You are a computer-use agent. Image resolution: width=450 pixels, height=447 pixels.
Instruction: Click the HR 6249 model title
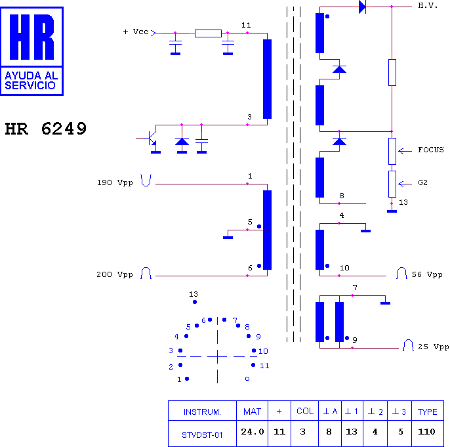[46, 129]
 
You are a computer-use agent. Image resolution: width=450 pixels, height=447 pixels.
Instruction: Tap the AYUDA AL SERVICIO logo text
[31, 81]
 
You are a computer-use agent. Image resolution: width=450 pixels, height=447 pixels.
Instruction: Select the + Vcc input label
[136, 32]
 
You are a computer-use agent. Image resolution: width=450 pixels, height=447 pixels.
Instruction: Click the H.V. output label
[428, 5]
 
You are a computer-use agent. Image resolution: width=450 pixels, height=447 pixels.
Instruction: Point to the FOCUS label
[431, 150]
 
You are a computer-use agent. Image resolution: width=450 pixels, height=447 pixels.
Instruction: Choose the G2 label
[422, 182]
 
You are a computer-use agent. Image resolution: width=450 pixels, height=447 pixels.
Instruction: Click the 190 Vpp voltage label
[115, 182]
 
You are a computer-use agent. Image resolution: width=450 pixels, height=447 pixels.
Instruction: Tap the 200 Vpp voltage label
[115, 274]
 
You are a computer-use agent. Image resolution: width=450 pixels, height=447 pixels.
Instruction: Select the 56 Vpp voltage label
[427, 274]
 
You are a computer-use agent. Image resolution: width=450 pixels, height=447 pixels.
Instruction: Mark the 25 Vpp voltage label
[434, 347]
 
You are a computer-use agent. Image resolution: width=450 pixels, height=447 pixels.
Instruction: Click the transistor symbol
[150, 138]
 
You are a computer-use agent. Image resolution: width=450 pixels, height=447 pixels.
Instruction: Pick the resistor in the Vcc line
[208, 33]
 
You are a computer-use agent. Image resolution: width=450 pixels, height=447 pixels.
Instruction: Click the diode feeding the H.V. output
[363, 7]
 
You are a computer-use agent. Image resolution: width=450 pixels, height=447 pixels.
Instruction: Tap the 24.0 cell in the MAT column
[253, 432]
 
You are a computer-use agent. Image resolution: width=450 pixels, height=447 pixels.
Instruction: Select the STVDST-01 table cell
[202, 435]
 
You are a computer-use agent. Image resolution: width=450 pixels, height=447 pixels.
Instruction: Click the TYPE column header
[427, 412]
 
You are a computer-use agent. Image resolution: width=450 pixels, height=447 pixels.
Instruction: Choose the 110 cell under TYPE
[427, 432]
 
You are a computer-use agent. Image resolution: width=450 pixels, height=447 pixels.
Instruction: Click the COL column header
[305, 411]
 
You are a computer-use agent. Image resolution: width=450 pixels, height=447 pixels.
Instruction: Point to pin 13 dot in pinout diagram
[195, 302]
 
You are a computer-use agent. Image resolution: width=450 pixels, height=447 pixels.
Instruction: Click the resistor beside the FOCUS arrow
[392, 151]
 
